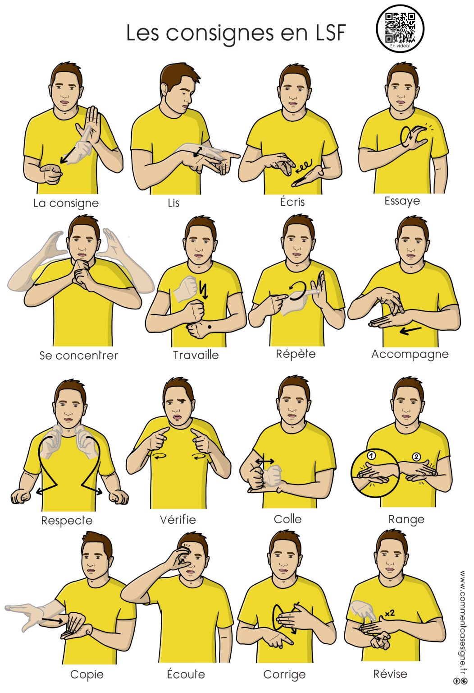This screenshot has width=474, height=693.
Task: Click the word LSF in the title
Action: click(x=330, y=33)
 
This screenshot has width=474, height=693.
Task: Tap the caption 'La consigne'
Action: click(x=66, y=203)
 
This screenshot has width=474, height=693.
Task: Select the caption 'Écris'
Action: click(x=292, y=201)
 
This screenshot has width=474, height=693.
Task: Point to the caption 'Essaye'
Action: click(x=402, y=201)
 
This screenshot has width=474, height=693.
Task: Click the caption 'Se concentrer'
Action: click(x=79, y=356)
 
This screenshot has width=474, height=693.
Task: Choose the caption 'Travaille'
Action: click(x=196, y=355)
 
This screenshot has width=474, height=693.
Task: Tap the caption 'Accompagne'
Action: click(x=410, y=354)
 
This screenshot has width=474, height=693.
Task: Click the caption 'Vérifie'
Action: click(x=178, y=519)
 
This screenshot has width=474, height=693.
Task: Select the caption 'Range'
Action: click(x=406, y=519)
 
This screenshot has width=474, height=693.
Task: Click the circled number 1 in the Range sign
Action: click(x=372, y=455)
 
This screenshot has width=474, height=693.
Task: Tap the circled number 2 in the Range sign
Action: click(x=416, y=457)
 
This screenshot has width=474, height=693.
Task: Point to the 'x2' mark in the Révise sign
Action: click(x=390, y=613)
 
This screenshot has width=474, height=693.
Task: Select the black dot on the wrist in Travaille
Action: click(x=210, y=327)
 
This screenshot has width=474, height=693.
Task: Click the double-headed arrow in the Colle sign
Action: click(x=264, y=462)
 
